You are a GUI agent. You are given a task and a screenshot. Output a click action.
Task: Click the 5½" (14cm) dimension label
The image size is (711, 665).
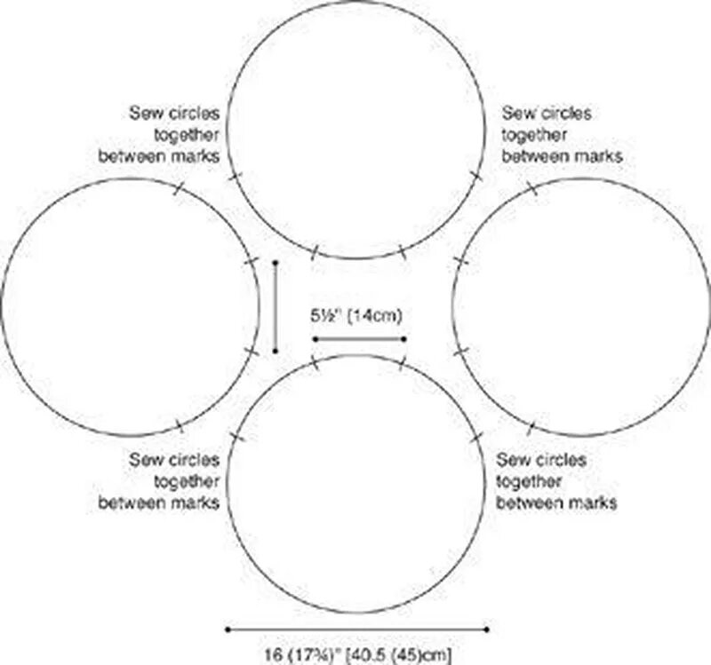359,315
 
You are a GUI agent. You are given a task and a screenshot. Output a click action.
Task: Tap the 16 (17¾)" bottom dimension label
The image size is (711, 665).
359,655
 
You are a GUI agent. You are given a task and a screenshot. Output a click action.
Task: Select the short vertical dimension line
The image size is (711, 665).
276,306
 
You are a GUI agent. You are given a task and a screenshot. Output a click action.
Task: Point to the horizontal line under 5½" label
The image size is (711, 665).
359,339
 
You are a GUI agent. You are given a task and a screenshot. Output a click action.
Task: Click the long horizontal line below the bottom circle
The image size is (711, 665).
357,629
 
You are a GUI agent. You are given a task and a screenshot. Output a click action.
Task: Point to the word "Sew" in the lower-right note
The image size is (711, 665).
511,461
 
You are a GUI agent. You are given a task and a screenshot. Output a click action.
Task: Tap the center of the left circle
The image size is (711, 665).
130,306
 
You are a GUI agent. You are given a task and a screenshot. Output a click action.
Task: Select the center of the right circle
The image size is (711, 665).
582,306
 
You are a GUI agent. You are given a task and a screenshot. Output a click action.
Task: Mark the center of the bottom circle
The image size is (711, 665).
357,484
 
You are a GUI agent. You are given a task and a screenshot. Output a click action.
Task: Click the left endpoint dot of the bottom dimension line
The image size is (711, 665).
228,629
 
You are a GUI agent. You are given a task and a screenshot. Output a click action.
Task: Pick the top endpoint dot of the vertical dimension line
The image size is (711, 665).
276,263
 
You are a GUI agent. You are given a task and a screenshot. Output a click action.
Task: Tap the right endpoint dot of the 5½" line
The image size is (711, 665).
404,339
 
